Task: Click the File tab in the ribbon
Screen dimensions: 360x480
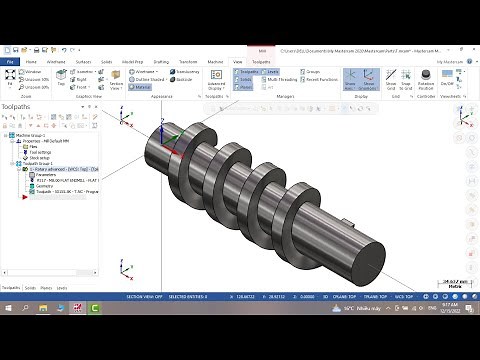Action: tap(10, 61)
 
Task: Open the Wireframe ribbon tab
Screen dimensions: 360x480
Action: tap(56, 61)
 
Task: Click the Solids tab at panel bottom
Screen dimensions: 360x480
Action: tap(30, 287)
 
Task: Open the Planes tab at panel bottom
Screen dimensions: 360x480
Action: tap(46, 287)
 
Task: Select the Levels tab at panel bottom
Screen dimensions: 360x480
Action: tap(62, 287)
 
